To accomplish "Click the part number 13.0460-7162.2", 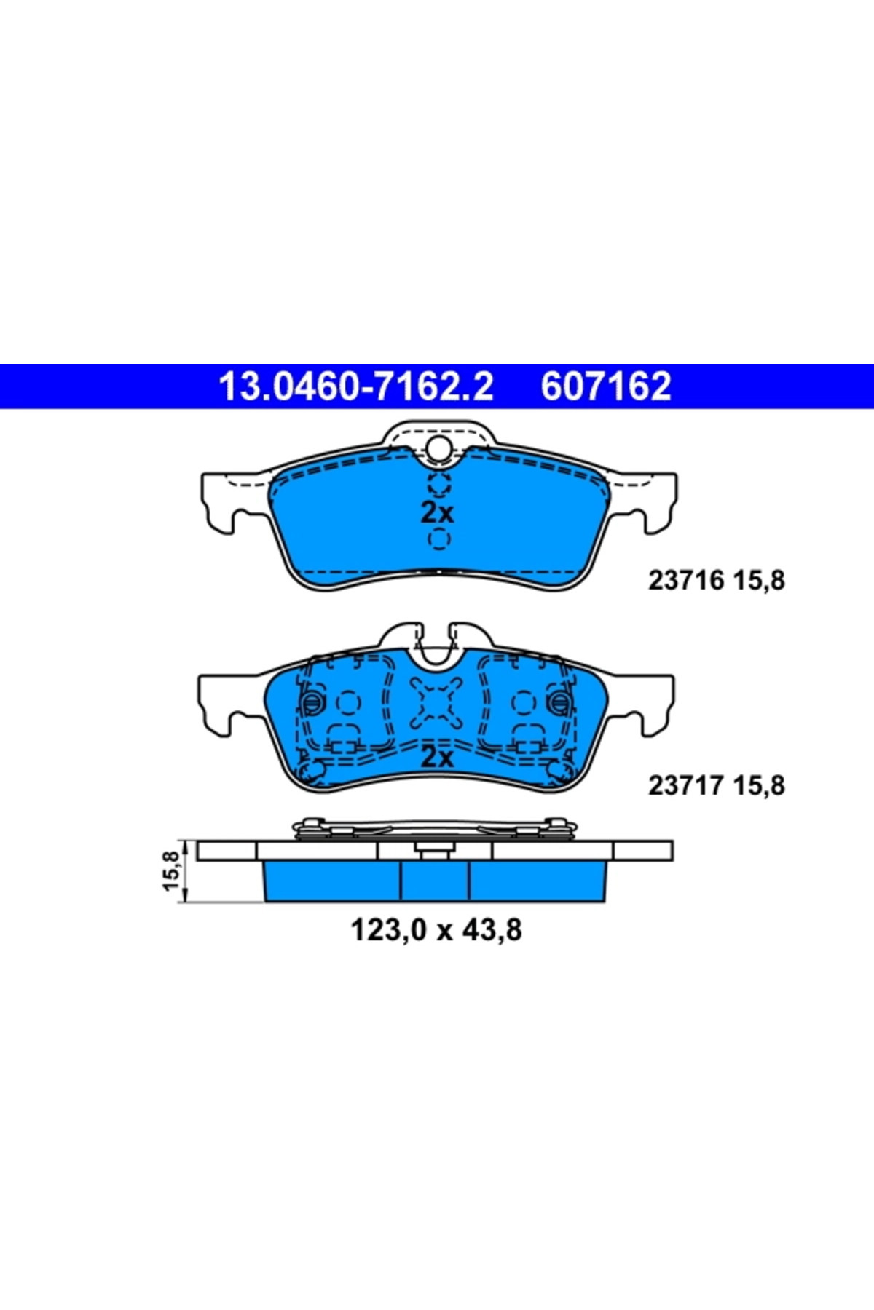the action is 356,386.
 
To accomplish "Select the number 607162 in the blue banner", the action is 606,386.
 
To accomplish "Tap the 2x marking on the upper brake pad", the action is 437,512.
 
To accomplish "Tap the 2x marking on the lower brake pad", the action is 437,758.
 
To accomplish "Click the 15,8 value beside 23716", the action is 759,581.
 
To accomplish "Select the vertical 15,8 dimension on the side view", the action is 170,870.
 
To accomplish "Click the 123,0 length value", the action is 387,930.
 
